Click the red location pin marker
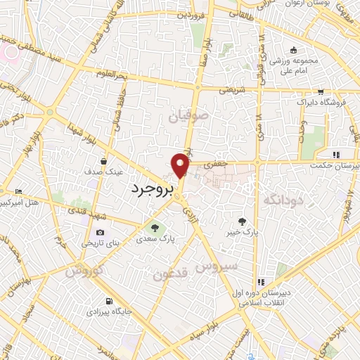pos(181,166)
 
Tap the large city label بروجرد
pos(155,188)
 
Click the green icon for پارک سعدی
pos(154,227)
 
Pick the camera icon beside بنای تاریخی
pos(100,233)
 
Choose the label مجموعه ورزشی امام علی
pos(295,65)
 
